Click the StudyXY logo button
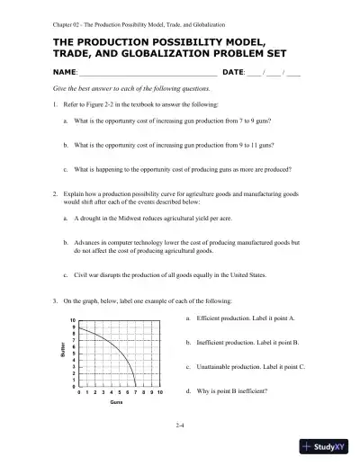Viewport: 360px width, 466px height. click(x=328, y=447)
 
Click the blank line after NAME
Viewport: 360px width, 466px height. click(x=148, y=73)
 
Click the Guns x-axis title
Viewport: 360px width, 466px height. click(x=116, y=403)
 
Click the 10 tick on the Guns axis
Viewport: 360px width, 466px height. click(x=159, y=393)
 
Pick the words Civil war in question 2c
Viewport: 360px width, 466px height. click(x=85, y=274)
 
